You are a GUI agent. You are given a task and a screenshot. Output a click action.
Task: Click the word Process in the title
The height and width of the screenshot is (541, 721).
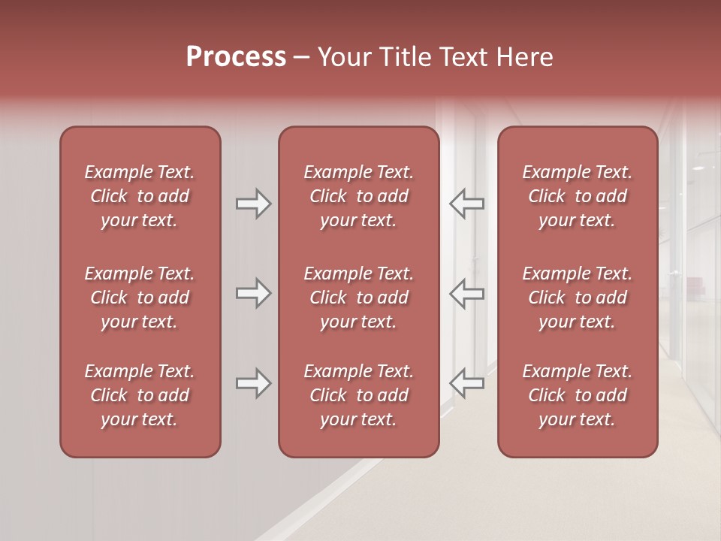click(x=236, y=57)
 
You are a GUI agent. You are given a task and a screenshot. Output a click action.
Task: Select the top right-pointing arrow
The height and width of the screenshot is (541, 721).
click(x=254, y=204)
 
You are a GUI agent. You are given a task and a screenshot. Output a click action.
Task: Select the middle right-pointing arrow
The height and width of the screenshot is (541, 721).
click(x=254, y=293)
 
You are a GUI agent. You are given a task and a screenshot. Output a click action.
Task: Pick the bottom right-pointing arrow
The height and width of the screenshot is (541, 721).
click(x=254, y=383)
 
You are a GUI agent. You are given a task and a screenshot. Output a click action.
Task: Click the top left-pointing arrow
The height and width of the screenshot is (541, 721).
click(x=467, y=204)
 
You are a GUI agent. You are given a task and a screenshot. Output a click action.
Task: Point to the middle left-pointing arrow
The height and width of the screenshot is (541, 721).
click(x=467, y=293)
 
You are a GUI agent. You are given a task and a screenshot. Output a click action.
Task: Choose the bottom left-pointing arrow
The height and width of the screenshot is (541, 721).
click(x=467, y=383)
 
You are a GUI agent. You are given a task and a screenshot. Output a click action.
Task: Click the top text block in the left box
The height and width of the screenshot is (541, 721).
click(x=140, y=196)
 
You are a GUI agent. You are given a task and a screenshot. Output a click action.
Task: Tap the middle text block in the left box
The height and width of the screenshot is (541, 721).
click(x=140, y=298)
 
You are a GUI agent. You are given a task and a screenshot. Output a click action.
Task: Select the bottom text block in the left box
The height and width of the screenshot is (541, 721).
click(x=140, y=395)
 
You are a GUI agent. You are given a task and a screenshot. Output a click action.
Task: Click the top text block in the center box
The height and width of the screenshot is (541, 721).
click(x=358, y=196)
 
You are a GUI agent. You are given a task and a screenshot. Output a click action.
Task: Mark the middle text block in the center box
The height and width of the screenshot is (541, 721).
click(x=358, y=298)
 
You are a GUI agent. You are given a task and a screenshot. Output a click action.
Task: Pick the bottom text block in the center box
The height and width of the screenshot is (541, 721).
click(x=358, y=395)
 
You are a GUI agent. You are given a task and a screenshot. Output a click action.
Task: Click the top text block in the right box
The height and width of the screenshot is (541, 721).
click(x=578, y=196)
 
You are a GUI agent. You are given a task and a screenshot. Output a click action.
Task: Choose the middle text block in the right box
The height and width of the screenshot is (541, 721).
click(x=578, y=298)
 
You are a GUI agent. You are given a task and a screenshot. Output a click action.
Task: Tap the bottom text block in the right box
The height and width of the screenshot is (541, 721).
click(x=578, y=395)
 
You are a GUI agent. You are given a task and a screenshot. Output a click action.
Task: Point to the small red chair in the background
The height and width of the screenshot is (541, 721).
click(x=693, y=285)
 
